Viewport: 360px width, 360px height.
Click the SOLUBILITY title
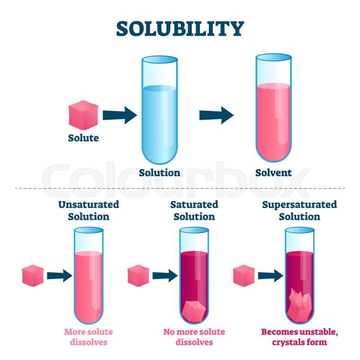click(x=180, y=29)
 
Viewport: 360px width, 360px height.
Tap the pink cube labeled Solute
click(x=84, y=115)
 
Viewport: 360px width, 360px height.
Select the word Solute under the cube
click(x=84, y=138)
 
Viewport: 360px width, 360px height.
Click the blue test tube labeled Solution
click(x=160, y=110)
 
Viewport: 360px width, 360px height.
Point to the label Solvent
click(x=274, y=173)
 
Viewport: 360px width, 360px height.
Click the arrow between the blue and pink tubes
click(x=216, y=115)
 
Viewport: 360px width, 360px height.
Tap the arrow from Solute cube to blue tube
click(x=120, y=115)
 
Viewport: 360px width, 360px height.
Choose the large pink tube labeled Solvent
click(x=274, y=108)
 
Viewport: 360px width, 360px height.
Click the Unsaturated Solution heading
click(x=89, y=211)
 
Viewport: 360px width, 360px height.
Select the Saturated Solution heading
click(x=194, y=211)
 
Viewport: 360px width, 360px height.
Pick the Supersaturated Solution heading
click(x=300, y=211)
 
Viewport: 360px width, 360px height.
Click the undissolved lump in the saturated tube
click(x=194, y=311)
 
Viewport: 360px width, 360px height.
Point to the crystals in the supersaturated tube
click(x=300, y=305)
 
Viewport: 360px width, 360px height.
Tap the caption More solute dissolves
click(x=89, y=337)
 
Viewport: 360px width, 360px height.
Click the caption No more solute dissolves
click(x=194, y=337)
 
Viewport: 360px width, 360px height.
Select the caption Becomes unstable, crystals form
click(x=300, y=337)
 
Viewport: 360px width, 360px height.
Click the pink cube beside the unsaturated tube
click(x=33, y=275)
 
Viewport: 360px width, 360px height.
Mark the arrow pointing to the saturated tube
click(x=165, y=275)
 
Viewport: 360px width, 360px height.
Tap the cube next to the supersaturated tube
click(x=244, y=275)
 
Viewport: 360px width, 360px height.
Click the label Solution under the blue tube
click(x=160, y=173)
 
